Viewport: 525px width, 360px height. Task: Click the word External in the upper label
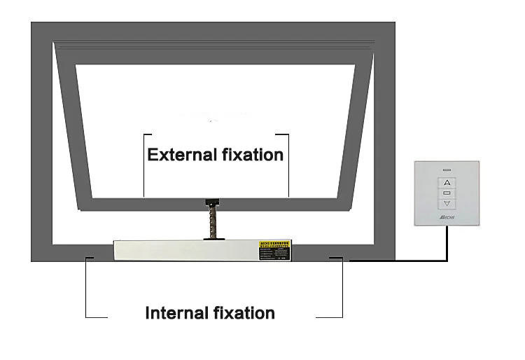pyautogui.click(x=179, y=154)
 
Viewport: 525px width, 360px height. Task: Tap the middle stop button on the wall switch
pyautogui.click(x=447, y=192)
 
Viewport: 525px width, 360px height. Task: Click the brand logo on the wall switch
pyautogui.click(x=446, y=219)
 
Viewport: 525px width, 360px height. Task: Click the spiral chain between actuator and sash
pyautogui.click(x=210, y=223)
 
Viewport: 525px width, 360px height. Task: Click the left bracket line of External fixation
pyautogui.click(x=143, y=165)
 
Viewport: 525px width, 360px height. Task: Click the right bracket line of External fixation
pyautogui.click(x=288, y=165)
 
